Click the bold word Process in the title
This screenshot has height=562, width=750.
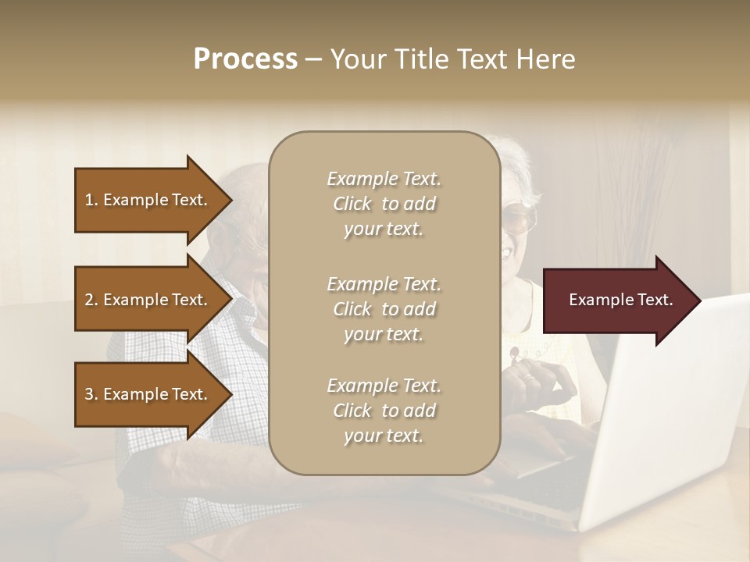pos(245,59)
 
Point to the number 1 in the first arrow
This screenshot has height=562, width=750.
pos(89,200)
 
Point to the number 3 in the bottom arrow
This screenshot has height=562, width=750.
pos(89,394)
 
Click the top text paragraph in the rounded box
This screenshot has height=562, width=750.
pos(384,204)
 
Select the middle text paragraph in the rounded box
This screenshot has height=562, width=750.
pos(384,309)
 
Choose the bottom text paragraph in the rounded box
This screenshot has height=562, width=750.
pos(384,411)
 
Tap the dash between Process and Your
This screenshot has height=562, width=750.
pos(312,60)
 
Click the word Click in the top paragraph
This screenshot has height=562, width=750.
pos(352,204)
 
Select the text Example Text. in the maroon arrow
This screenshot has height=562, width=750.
pos(620,300)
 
